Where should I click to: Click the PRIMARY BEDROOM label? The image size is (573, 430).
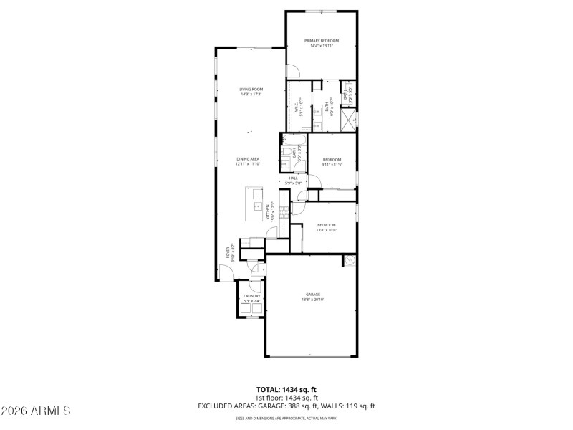(x=321, y=41)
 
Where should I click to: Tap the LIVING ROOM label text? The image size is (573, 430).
(x=251, y=90)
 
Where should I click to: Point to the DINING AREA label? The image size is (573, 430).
(x=248, y=159)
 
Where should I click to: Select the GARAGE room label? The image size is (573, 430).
(x=312, y=294)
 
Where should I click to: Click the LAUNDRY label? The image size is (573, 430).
(x=251, y=296)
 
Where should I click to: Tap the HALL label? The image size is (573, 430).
(x=293, y=178)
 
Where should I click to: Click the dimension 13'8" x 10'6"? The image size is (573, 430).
(x=327, y=230)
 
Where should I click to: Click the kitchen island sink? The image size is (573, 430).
(x=256, y=205)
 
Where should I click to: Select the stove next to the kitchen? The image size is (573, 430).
(x=284, y=209)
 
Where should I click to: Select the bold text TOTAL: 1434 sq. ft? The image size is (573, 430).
(x=286, y=391)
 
